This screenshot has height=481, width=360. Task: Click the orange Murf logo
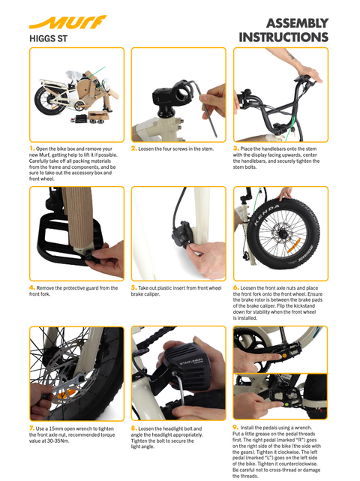(67, 22)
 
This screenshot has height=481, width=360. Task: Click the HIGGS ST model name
(48, 39)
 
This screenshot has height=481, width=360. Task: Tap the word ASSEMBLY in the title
(297, 23)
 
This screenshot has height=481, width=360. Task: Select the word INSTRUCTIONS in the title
(283, 38)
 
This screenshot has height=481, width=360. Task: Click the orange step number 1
(32, 149)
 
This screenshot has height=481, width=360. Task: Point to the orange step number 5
(133, 287)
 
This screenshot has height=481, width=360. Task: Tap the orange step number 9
(235, 427)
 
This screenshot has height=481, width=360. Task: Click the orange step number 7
(32, 428)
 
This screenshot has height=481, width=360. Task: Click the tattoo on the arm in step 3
(290, 56)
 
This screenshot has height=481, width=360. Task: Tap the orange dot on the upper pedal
(284, 355)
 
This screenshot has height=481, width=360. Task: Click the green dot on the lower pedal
(286, 404)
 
